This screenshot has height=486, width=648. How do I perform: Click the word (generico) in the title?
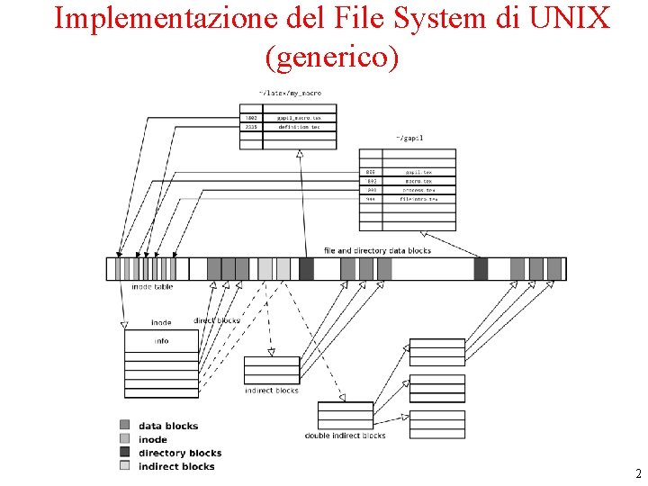click(331, 57)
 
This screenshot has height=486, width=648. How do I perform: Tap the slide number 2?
click(638, 473)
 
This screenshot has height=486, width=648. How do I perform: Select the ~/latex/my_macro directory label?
click(290, 93)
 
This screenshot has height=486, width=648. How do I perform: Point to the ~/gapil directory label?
click(409, 138)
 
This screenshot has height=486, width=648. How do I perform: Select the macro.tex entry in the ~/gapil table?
click(418, 180)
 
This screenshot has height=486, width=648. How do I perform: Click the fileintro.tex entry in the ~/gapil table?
click(418, 199)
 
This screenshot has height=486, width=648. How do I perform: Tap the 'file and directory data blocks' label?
click(377, 250)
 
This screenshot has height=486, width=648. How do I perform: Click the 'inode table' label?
click(152, 287)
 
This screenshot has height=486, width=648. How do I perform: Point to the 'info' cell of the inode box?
click(161, 341)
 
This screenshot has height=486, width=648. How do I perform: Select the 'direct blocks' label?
click(217, 321)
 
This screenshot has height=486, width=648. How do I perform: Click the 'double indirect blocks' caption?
click(345, 436)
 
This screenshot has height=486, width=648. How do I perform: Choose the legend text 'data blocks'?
click(168, 426)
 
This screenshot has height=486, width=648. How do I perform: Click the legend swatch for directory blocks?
click(124, 452)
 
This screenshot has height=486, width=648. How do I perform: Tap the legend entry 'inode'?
click(153, 439)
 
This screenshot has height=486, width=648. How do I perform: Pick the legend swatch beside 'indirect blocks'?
click(124, 465)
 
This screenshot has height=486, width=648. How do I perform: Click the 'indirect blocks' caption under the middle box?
click(271, 391)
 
